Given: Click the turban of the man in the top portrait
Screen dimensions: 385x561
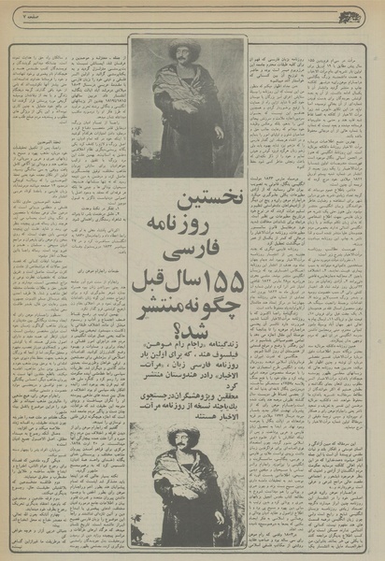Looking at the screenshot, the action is pos(184,47).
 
